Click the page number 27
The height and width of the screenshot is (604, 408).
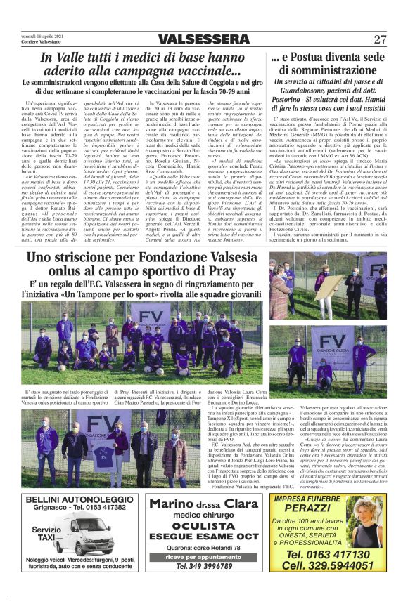380,39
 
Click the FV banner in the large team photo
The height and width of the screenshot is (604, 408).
161,315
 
